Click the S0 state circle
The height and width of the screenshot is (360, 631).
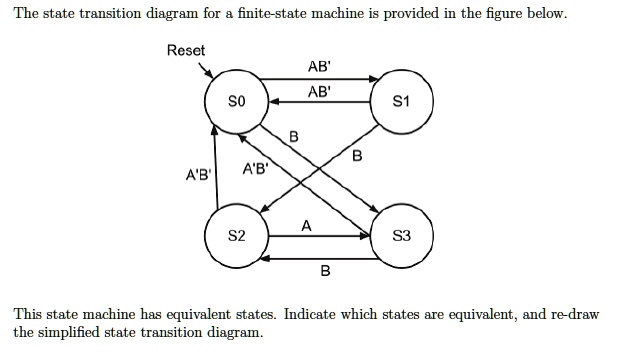(x=235, y=102)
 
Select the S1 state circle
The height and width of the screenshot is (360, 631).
(x=402, y=102)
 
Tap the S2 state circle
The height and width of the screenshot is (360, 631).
(x=235, y=237)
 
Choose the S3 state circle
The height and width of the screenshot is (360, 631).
(x=402, y=237)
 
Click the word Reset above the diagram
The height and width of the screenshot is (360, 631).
(x=186, y=50)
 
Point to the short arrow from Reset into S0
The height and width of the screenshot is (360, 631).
(x=207, y=71)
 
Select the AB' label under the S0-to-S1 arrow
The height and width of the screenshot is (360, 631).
(x=320, y=90)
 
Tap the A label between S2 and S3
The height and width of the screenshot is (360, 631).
(x=306, y=227)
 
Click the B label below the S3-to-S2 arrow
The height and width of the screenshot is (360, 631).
(x=325, y=271)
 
